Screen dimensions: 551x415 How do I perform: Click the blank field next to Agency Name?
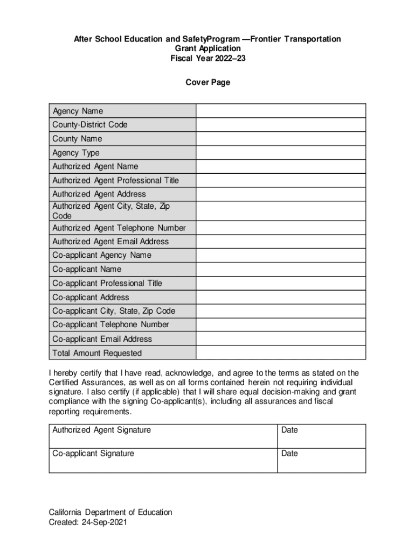pyautogui.click(x=280, y=111)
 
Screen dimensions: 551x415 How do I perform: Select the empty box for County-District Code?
pyautogui.click(x=280, y=125)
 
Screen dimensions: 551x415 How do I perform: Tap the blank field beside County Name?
pyautogui.click(x=280, y=139)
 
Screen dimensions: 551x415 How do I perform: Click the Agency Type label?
pyautogui.click(x=76, y=153)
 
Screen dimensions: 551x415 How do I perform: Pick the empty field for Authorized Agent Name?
pyautogui.click(x=280, y=167)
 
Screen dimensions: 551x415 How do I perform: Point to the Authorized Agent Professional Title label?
pyautogui.click(x=115, y=180)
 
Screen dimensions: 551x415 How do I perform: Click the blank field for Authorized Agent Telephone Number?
pyautogui.click(x=280, y=228)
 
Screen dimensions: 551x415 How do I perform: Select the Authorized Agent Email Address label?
pyautogui.click(x=110, y=242)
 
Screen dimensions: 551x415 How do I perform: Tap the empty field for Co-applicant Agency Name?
pyautogui.click(x=280, y=256)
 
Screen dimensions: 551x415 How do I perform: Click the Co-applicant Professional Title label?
pyautogui.click(x=107, y=283)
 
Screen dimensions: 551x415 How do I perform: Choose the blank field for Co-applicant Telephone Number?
pyautogui.click(x=280, y=325)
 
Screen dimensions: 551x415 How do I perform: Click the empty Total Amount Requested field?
pyautogui.click(x=280, y=353)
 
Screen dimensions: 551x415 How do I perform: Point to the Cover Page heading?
pyautogui.click(x=207, y=82)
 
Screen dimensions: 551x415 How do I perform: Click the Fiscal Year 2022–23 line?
pyautogui.click(x=207, y=58)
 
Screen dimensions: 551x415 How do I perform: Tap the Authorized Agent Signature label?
pyautogui.click(x=101, y=430)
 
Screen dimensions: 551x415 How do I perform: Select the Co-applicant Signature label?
pyautogui.click(x=93, y=454)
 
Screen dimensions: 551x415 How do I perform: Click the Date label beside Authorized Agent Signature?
pyautogui.click(x=289, y=430)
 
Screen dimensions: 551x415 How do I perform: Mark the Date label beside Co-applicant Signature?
pyautogui.click(x=289, y=454)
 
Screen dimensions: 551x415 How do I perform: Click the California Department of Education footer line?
pyautogui.click(x=110, y=512)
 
